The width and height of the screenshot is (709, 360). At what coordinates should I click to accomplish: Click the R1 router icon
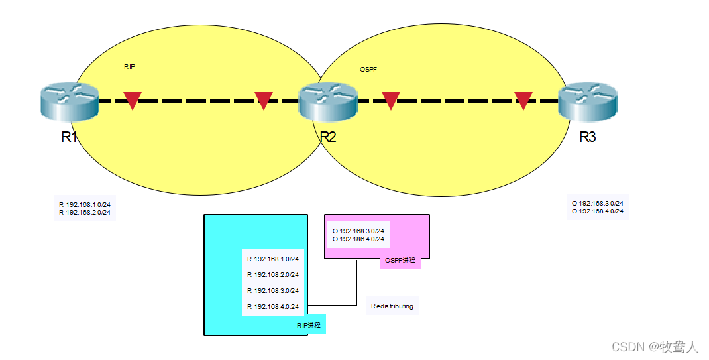tap(68, 103)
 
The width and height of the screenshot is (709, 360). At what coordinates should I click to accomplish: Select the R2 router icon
tap(328, 103)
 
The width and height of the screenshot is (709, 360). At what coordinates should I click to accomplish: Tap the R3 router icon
tap(588, 103)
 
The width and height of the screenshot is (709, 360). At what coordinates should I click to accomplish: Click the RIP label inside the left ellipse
tap(129, 67)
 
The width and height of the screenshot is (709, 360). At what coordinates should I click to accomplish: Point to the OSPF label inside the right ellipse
tap(368, 69)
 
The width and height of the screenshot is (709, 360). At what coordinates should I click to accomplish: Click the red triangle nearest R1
tap(133, 100)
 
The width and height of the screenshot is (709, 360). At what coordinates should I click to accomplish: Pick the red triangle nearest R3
tap(523, 100)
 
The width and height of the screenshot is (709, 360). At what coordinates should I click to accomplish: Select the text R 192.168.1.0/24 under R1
tap(85, 204)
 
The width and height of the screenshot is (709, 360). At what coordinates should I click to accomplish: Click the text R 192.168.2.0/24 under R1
tap(85, 213)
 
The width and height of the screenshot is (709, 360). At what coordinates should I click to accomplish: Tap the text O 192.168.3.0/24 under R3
tap(597, 203)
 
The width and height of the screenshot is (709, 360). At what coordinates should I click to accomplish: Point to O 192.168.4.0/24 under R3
tap(597, 211)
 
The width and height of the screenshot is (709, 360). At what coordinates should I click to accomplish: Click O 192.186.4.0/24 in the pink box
tap(358, 239)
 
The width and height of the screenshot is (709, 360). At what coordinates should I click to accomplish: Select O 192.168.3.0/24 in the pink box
tap(358, 231)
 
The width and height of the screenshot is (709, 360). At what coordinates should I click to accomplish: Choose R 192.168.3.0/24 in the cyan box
tap(273, 290)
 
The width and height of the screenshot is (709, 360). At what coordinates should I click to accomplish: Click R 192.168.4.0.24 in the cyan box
tap(273, 306)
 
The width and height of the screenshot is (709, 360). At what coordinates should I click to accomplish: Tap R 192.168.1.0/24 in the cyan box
tap(273, 259)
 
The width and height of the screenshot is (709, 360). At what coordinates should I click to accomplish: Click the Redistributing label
tap(392, 306)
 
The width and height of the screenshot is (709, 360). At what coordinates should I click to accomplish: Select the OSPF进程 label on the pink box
tap(400, 261)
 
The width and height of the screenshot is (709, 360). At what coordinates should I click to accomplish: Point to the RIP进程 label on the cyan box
tap(309, 325)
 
